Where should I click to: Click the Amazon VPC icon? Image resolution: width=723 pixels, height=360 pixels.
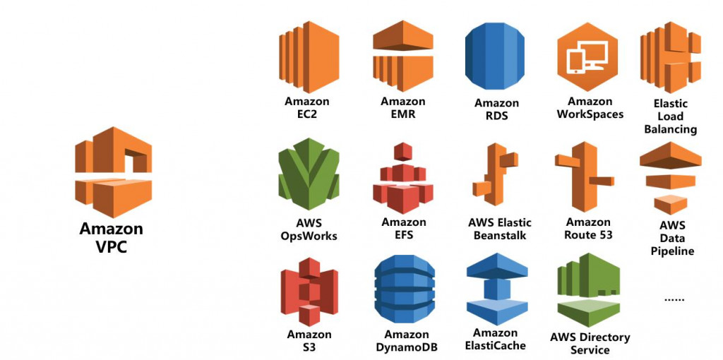[x=114, y=172]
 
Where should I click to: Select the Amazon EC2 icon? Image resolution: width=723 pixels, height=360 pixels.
[x=309, y=56]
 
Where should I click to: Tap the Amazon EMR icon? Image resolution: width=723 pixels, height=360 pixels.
[x=403, y=56]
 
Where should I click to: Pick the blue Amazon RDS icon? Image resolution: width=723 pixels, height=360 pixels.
[x=495, y=56]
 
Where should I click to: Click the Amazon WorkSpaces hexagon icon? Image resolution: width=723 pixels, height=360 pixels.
[x=587, y=56]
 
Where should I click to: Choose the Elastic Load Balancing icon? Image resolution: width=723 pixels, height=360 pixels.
[x=671, y=56]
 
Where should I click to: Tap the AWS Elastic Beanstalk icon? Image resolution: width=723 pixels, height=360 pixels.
[x=495, y=174]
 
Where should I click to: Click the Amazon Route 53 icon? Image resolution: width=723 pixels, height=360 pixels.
[x=584, y=176]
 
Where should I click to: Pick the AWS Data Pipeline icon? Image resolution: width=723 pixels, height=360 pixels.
[x=671, y=178]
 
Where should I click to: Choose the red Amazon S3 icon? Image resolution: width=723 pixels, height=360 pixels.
[x=309, y=292]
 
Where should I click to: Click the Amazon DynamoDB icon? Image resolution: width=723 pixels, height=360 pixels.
[x=405, y=289]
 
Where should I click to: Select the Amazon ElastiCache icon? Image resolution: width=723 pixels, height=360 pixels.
[x=497, y=289]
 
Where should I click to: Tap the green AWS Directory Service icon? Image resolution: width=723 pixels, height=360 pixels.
[x=588, y=290]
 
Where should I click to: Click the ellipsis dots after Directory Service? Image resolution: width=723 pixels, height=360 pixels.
[x=674, y=299]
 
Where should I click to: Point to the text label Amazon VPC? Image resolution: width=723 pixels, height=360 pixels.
[x=112, y=237]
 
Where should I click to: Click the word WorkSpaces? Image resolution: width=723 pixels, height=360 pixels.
[x=590, y=114]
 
